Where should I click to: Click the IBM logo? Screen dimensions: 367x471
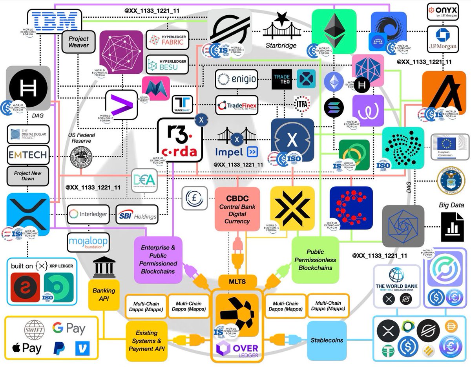(x=55, y=20)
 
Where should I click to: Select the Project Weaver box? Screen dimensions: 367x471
(x=78, y=42)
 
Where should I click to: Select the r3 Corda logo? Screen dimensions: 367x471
(x=180, y=140)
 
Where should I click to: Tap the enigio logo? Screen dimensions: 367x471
(x=236, y=80)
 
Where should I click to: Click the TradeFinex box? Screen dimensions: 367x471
(x=236, y=105)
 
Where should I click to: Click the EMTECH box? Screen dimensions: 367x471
(x=28, y=155)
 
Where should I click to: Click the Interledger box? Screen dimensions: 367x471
(x=88, y=214)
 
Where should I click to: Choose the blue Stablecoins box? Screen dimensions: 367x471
(x=327, y=341)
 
